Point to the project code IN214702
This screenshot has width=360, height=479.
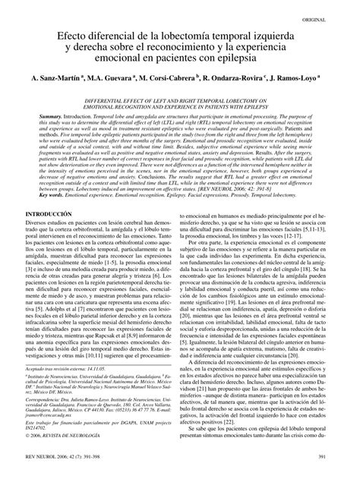click(x=39, y=428)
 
